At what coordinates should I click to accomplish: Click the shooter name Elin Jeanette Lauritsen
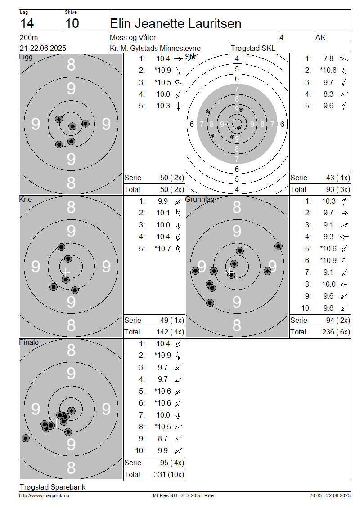(175, 24)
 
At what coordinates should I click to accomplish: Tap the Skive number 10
(72, 24)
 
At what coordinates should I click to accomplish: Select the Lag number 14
(27, 24)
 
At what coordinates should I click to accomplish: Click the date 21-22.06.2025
(43, 48)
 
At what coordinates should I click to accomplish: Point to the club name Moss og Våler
(133, 38)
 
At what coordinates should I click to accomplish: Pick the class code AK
(320, 38)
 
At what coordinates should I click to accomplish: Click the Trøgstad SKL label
(253, 48)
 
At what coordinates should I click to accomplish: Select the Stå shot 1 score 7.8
(328, 58)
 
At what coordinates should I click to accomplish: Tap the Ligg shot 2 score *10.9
(163, 70)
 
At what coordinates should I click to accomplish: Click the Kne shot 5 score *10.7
(163, 249)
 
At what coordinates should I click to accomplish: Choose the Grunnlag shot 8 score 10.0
(328, 285)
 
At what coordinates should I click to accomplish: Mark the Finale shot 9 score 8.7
(163, 439)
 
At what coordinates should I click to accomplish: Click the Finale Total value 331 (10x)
(169, 475)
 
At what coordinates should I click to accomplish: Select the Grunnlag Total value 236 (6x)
(336, 332)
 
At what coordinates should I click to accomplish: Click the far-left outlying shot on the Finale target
(26, 438)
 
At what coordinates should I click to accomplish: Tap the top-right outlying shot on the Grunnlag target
(278, 246)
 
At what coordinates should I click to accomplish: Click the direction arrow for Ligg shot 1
(178, 58)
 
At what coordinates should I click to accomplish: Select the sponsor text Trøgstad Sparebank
(53, 487)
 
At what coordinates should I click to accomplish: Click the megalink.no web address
(44, 495)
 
